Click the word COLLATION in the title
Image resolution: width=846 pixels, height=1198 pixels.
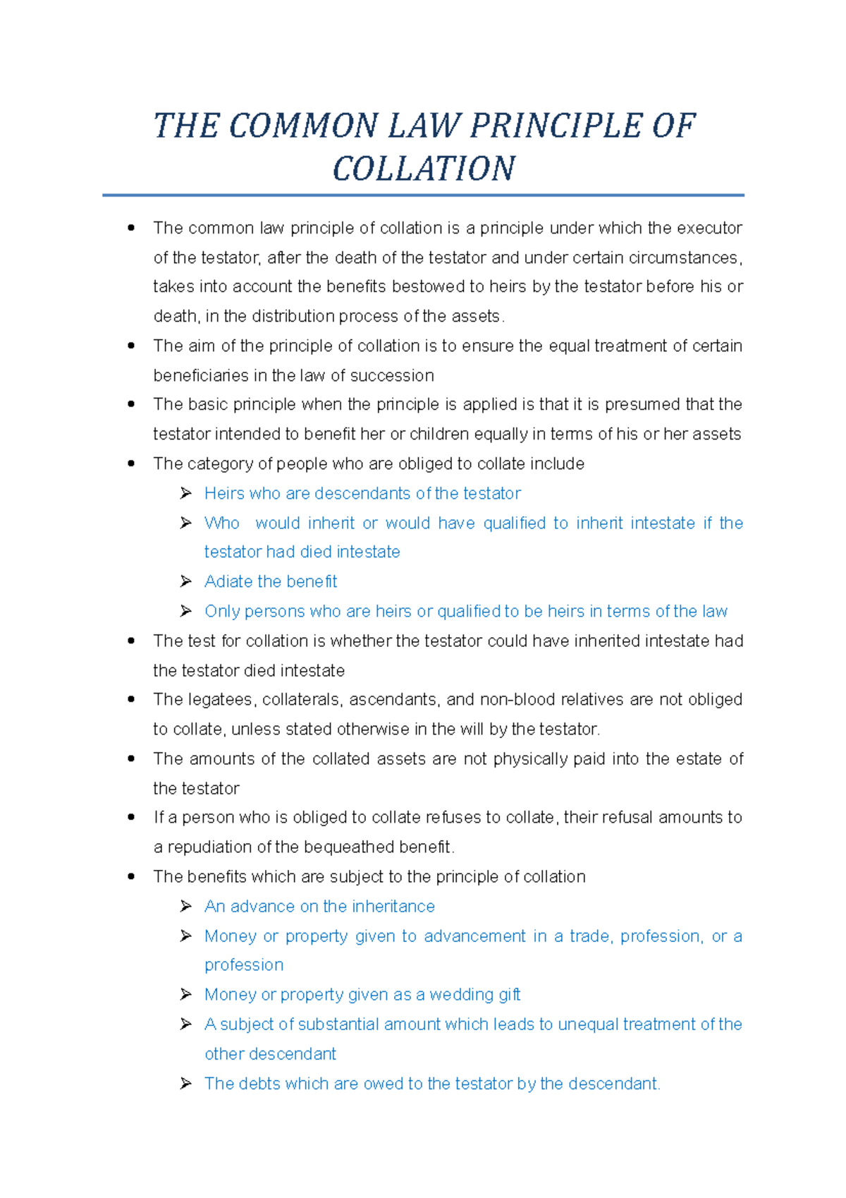(x=424, y=169)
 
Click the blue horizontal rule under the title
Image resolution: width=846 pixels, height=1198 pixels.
(x=423, y=195)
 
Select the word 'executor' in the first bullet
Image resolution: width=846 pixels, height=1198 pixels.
(x=709, y=228)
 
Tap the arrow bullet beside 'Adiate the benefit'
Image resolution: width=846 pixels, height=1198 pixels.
(x=186, y=581)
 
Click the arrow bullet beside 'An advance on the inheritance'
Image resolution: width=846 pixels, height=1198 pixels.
(x=186, y=906)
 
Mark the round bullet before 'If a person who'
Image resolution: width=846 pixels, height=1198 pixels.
(x=131, y=817)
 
